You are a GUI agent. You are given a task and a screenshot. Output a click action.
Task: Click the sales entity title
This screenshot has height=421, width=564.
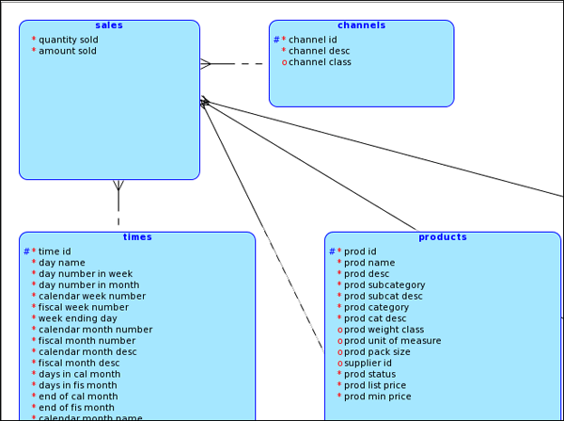tap(109, 25)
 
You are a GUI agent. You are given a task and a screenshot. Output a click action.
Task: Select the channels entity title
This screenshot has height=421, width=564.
tap(361, 25)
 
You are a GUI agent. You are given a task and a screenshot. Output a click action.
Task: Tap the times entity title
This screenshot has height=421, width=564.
tap(137, 237)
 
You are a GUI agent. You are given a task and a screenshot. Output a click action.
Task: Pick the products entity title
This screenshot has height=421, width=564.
tap(443, 237)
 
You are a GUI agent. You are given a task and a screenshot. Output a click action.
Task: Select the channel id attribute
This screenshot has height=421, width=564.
tap(312, 40)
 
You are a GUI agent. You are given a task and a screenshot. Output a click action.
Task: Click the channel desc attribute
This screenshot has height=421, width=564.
tap(319, 51)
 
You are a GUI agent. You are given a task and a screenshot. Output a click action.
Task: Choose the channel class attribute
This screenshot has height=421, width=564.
tap(320, 62)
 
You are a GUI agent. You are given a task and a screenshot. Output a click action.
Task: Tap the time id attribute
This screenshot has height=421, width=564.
tap(55, 251)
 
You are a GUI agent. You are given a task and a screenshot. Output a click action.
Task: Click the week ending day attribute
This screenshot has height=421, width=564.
tap(78, 318)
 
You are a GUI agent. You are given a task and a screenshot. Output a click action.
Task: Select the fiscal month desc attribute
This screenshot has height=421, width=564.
tap(79, 363)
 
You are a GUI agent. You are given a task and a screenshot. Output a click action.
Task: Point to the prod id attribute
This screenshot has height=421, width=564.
tap(360, 251)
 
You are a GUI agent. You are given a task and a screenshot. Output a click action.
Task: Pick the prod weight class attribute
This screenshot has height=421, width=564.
tap(384, 330)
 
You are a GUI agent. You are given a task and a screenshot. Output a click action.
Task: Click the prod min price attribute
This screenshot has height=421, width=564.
tap(378, 397)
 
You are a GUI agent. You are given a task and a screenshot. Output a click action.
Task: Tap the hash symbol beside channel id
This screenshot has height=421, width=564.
tap(276, 40)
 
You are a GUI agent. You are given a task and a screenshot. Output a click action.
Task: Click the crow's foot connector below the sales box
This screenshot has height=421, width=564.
tap(117, 186)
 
